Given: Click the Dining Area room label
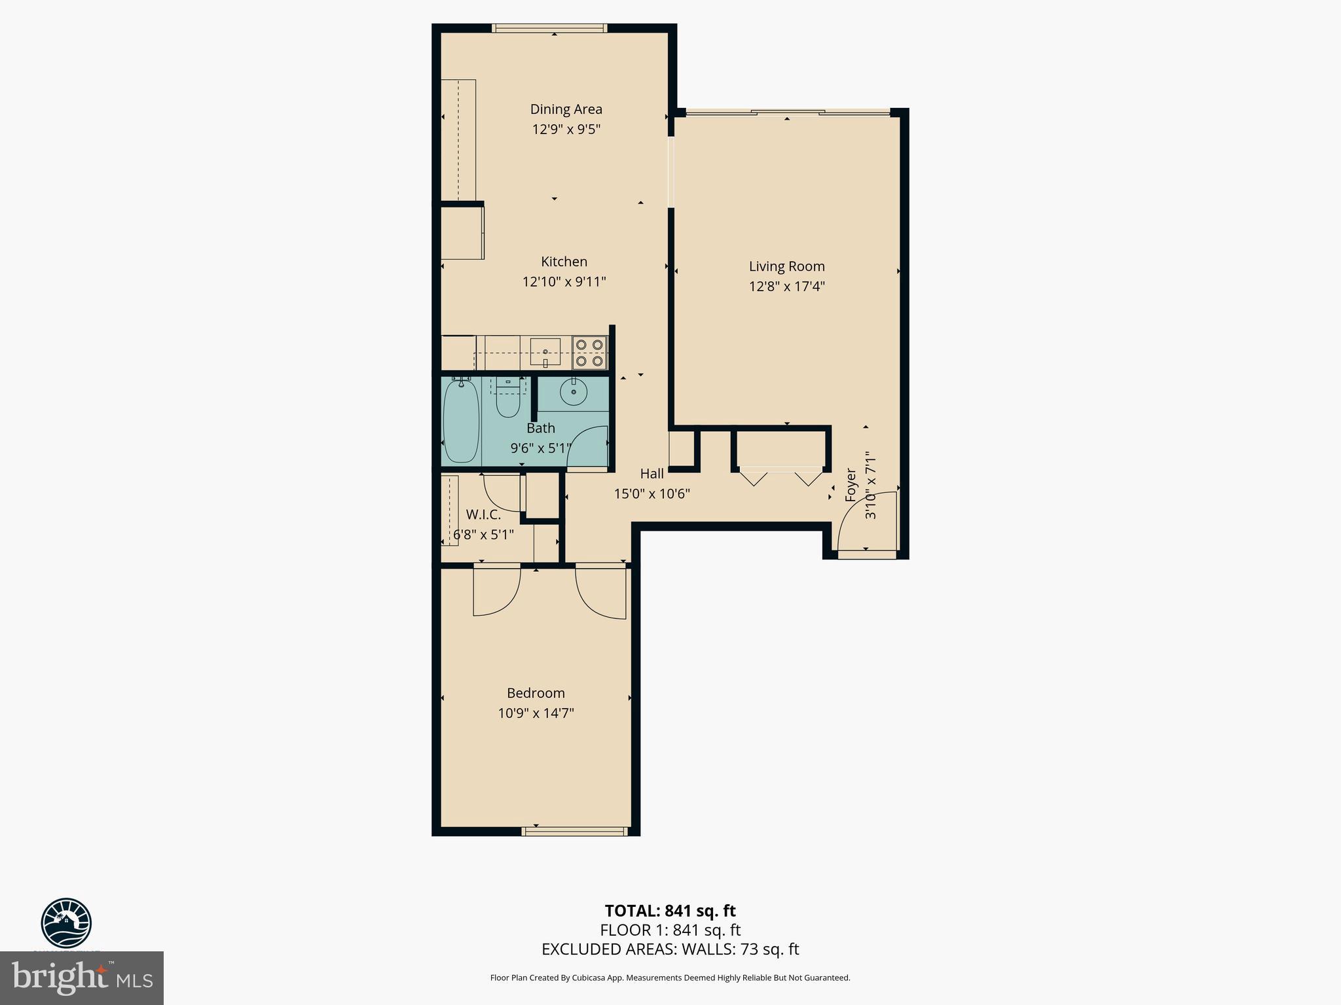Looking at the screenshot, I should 566,109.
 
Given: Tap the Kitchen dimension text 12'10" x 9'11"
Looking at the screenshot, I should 564,282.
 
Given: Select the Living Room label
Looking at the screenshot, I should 786,266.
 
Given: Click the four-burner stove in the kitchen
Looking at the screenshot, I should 589,353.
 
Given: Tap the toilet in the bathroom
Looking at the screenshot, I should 507,400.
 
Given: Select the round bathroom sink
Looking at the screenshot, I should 574,391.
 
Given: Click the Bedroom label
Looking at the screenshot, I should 536,693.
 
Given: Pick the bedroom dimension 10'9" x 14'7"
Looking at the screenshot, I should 536,713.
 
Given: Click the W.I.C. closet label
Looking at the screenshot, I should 483,515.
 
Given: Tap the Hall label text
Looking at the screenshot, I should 652,474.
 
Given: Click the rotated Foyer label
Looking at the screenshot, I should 851,485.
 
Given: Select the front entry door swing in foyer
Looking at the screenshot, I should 866,523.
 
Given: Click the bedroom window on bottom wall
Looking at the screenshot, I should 574,832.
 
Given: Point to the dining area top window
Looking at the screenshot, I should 549,27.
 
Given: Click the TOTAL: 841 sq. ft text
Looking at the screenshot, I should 670,911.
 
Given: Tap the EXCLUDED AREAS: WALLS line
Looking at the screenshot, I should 670,949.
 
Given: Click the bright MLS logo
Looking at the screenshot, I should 82,978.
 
